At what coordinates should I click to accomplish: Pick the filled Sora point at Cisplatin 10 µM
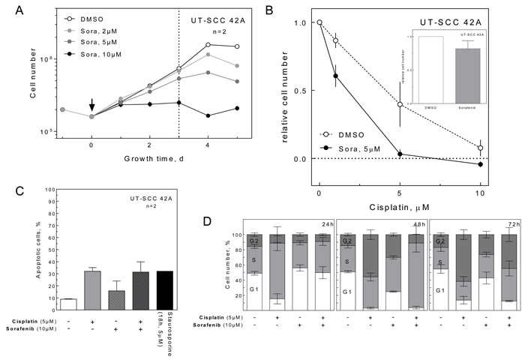[x=480, y=163]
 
